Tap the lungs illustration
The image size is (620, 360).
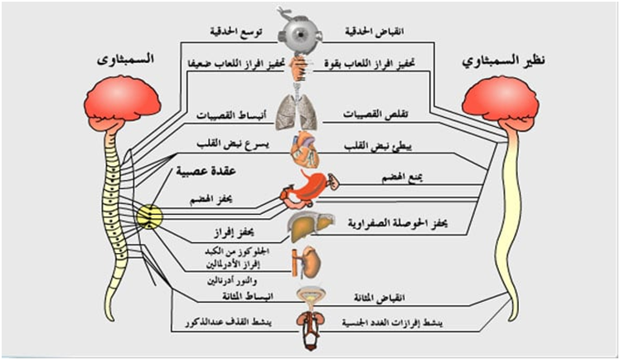(x=298, y=109)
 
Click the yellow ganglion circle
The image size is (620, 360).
(x=149, y=218)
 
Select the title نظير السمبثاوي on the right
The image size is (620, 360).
(x=501, y=61)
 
